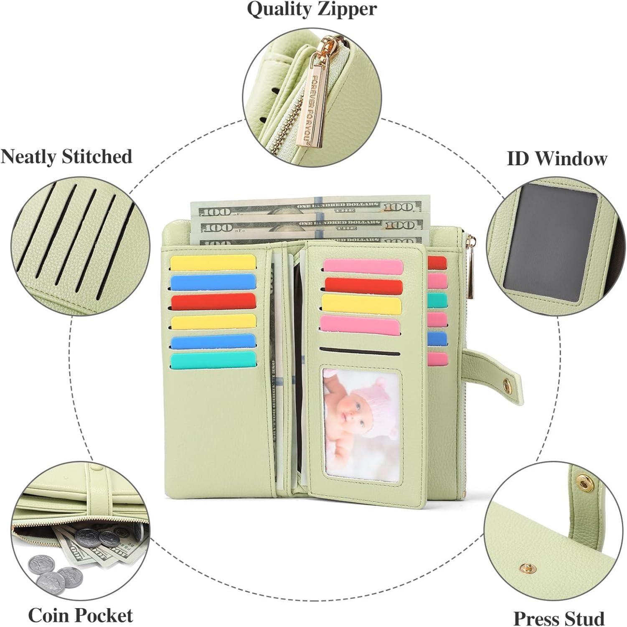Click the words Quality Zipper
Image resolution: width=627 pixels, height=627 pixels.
pyautogui.click(x=312, y=9)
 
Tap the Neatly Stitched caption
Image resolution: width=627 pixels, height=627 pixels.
pyautogui.click(x=66, y=157)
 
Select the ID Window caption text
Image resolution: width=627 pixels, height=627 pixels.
pyautogui.click(x=556, y=159)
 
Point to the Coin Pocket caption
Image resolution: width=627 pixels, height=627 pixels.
pyautogui.click(x=80, y=615)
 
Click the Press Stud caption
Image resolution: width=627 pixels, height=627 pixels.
pyautogui.click(x=558, y=618)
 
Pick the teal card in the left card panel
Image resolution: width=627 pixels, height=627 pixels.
pyautogui.click(x=213, y=360)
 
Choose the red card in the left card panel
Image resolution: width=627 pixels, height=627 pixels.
pyautogui.click(x=213, y=301)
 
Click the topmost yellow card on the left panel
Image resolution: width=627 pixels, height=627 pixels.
pyautogui.click(x=213, y=263)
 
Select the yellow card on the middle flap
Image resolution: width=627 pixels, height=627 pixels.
pyautogui.click(x=362, y=303)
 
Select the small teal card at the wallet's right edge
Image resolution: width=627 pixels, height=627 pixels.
pyautogui.click(x=437, y=300)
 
